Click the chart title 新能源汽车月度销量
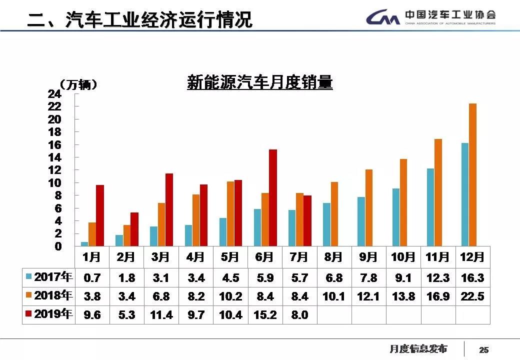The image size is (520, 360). [259, 82]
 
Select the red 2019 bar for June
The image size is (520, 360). [272, 197]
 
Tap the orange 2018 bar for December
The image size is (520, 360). [472, 174]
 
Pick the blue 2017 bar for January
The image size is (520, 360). [84, 244]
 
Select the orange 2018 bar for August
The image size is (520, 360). [334, 214]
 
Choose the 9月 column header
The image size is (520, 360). [368, 257]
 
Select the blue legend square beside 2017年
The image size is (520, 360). [29, 276]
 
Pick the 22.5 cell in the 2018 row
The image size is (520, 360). [472, 296]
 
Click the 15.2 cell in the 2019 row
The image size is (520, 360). [265, 315]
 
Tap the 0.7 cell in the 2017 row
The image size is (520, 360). [92, 278]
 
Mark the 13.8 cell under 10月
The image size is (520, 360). [403, 296]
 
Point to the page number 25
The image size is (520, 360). [483, 350]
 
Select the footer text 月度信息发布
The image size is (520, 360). [418, 349]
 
